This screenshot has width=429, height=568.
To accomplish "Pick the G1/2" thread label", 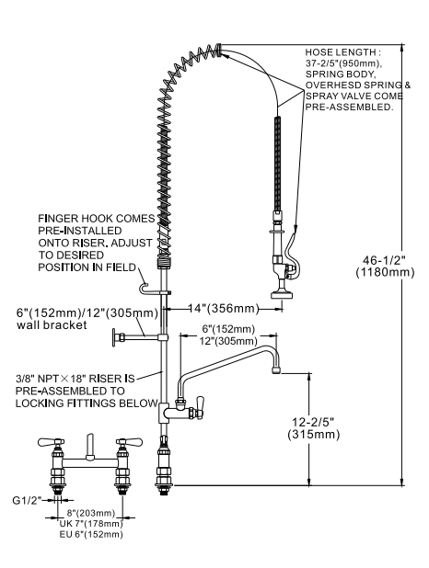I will (x=26, y=502).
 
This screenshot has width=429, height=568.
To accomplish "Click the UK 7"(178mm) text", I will (x=90, y=523).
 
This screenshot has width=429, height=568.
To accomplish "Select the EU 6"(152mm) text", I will (x=90, y=533).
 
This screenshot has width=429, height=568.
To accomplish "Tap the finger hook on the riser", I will (x=144, y=276).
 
